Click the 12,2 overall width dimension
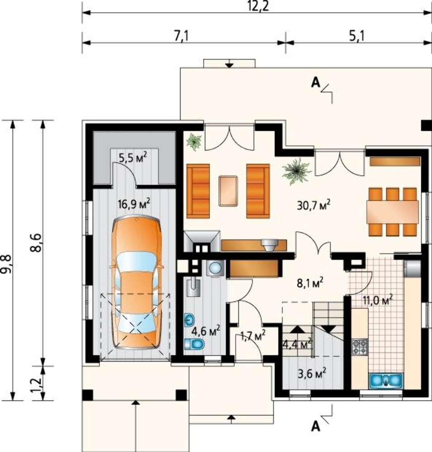tap(258, 6)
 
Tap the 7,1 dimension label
tap(181, 37)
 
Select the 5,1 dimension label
tap(357, 36)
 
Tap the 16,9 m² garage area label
tap(134, 204)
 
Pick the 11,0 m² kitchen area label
tap(378, 301)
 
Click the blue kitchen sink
tap(386, 380)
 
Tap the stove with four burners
tap(360, 347)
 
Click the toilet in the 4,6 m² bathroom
tap(194, 344)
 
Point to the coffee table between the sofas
tap(228, 191)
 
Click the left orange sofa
tap(198, 191)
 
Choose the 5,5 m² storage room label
tap(133, 158)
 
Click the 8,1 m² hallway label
tap(310, 283)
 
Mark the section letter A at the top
tap(316, 83)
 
